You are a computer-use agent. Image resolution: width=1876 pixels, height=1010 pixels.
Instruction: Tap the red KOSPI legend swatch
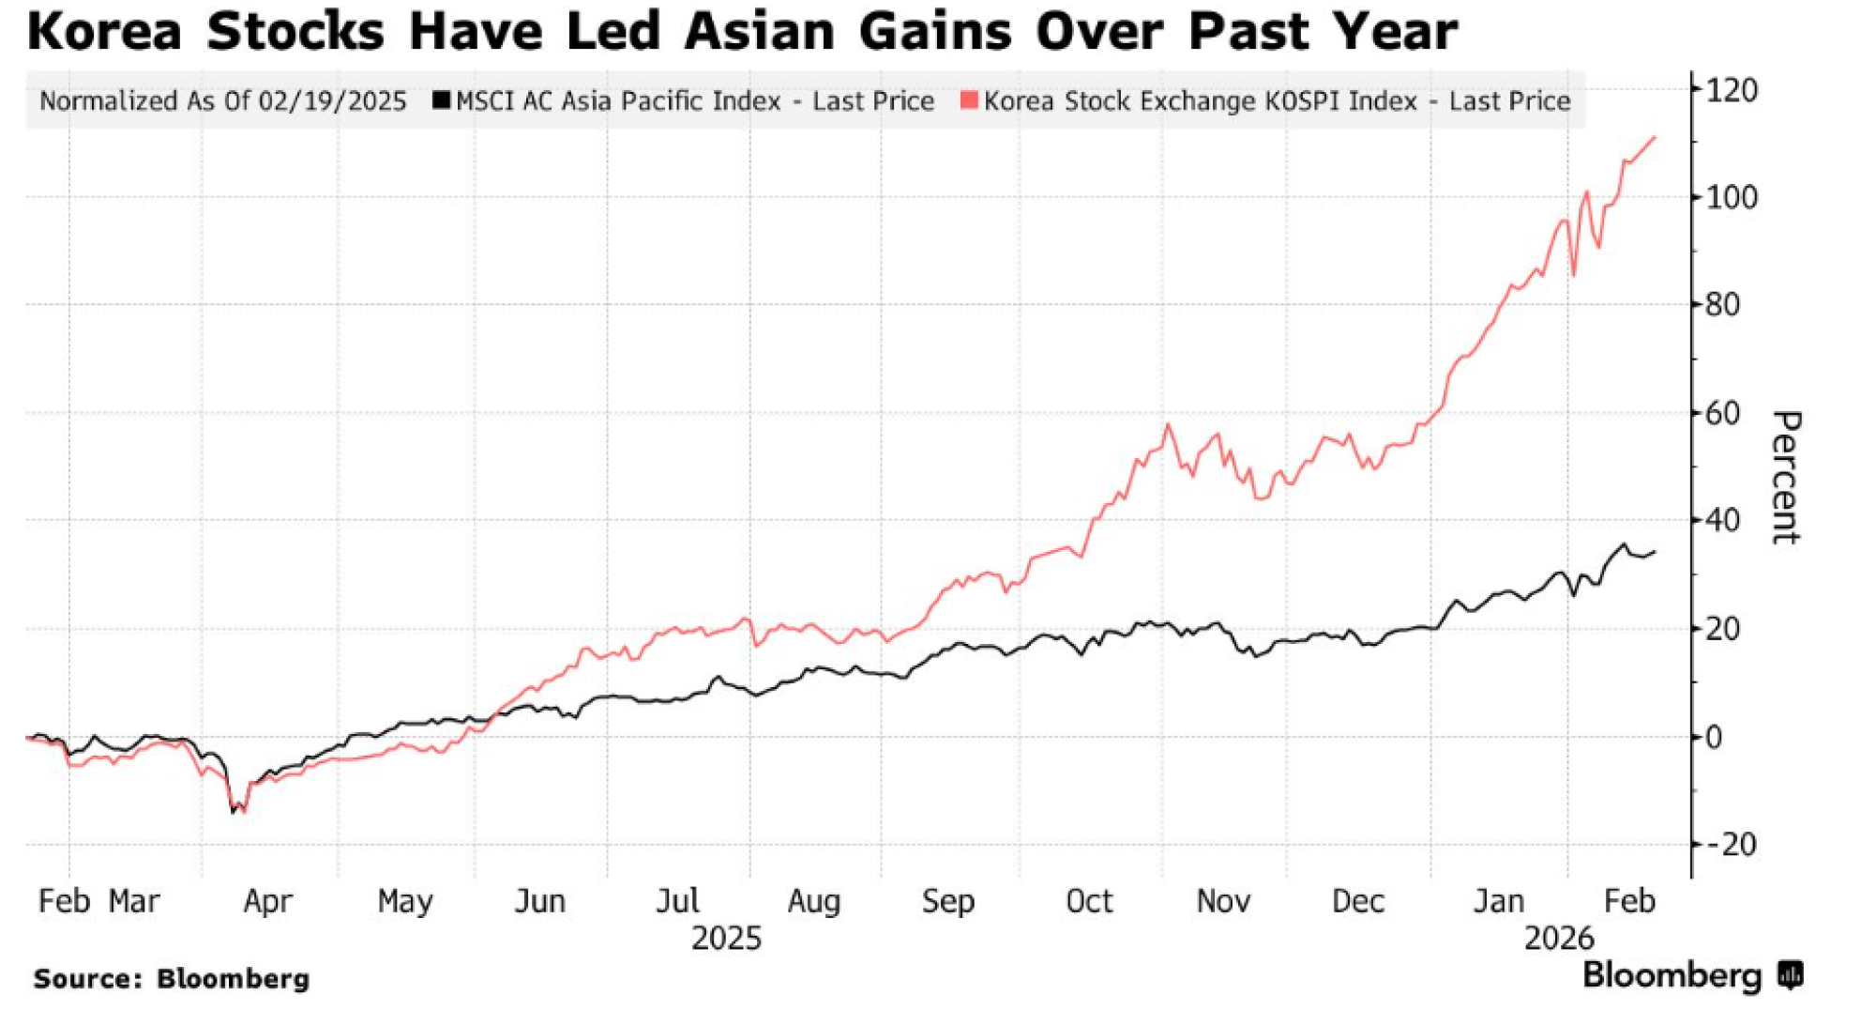pos(969,100)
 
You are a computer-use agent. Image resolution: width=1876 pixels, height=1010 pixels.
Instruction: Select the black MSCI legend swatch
pos(441,100)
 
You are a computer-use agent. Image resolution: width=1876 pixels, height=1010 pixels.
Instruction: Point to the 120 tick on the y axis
pos(1732,90)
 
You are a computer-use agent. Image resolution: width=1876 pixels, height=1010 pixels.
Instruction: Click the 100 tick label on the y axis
pos(1732,198)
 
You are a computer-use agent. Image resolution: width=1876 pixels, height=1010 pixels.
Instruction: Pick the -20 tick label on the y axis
pos(1732,845)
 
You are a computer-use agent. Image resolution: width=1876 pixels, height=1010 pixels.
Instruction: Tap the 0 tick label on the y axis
pos(1715,737)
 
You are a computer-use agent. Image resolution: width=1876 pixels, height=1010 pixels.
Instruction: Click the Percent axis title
pos(1785,477)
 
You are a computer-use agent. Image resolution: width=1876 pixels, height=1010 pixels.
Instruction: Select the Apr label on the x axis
pos(267,901)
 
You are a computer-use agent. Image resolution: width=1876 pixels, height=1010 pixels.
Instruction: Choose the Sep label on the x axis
pos(947,901)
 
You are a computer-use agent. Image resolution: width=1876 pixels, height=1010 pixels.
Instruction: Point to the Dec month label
pos(1357,901)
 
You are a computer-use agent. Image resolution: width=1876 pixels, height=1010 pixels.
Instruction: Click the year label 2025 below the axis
pos(726,938)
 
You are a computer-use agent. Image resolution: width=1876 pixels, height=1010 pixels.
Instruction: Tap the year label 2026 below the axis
pos(1559,938)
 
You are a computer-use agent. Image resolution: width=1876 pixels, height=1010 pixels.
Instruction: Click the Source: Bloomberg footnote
pos(172,978)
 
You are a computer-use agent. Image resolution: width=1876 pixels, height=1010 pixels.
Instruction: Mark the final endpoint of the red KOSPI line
pos(1655,137)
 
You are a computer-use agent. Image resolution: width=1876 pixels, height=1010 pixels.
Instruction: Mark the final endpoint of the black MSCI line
pos(1655,552)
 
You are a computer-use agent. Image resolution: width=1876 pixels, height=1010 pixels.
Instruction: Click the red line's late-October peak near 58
pos(1168,424)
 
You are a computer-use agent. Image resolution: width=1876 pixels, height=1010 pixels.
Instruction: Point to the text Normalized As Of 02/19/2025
pos(223,101)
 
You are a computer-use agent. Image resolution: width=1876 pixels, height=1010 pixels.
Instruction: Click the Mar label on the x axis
pos(134,901)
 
